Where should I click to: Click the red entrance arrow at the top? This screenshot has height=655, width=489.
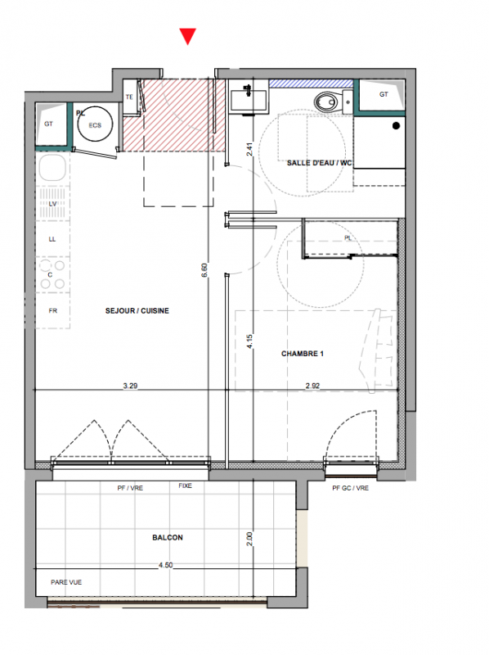[188, 36]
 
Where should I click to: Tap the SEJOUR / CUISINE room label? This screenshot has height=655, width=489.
[137, 311]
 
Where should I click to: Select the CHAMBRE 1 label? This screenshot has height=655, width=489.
[303, 354]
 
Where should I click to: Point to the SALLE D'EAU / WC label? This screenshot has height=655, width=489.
[319, 163]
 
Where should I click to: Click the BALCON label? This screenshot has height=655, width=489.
[168, 538]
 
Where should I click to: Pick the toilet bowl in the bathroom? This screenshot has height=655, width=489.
[325, 102]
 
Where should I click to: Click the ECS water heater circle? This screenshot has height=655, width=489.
[95, 124]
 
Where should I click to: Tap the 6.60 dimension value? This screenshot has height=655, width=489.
[204, 270]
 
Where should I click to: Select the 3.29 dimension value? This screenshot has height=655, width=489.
[130, 386]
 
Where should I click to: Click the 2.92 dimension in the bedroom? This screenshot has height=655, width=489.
[312, 386]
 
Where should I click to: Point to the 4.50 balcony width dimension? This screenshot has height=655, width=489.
[166, 565]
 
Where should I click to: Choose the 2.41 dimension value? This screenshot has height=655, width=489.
[249, 150]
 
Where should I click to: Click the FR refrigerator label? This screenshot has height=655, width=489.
[53, 311]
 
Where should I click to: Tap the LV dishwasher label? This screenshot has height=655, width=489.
[52, 204]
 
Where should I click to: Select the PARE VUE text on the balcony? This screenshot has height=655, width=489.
[66, 582]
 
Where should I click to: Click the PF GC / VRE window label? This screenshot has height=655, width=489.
[351, 488]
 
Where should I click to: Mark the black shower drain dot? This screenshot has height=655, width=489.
[397, 125]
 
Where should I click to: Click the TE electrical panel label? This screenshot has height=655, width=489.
[129, 97]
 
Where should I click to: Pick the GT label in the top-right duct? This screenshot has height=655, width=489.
[384, 94]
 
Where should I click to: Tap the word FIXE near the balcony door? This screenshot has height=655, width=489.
[186, 486]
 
